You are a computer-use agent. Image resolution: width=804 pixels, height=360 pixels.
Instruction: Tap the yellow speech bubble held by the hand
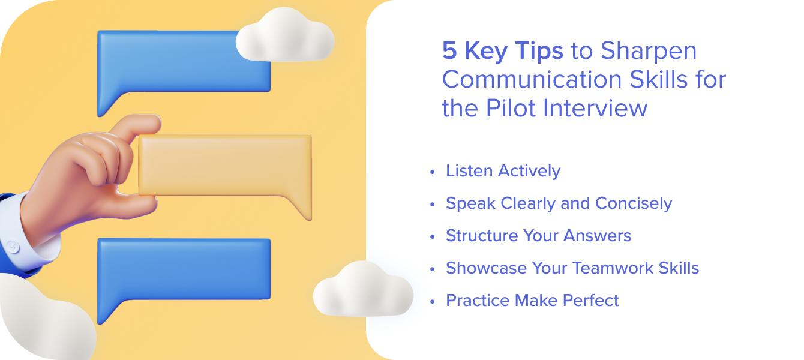pos(225,165)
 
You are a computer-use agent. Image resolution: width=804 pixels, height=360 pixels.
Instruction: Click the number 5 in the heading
pos(449,52)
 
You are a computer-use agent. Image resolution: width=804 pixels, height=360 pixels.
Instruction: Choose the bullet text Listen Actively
pos(503,171)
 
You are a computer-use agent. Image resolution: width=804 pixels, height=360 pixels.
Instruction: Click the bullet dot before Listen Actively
pos(432,172)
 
